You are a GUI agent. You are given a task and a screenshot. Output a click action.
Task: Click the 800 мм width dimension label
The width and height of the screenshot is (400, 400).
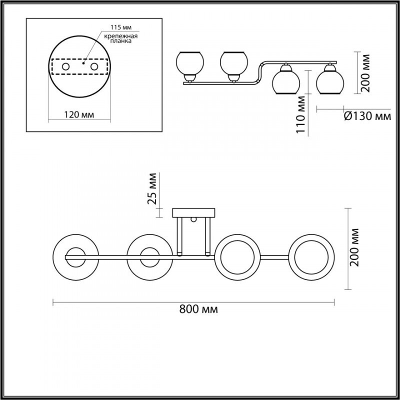point(198,309)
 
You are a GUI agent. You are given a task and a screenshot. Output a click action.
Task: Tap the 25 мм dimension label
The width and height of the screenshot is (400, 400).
point(152,189)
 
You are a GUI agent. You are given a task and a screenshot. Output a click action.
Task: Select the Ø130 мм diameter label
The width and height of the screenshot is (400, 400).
point(367,116)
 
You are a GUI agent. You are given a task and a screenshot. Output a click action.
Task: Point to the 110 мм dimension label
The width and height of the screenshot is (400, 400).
point(301,114)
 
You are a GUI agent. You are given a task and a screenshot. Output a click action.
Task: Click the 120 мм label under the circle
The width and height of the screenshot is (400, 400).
point(79,115)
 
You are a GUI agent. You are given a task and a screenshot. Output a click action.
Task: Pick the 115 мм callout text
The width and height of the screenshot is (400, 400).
point(121,27)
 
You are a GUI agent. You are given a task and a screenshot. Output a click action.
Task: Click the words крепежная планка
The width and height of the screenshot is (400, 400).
point(121,38)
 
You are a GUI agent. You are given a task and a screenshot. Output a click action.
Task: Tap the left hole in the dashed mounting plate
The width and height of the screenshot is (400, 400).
point(66,67)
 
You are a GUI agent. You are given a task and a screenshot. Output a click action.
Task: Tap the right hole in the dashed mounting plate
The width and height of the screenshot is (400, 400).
point(94,67)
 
